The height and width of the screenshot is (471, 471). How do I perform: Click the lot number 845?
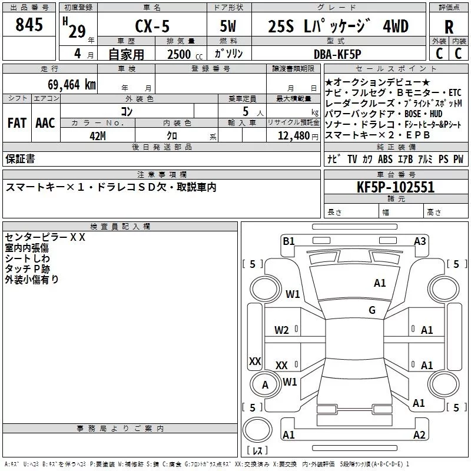pyautogui.click(x=29, y=24)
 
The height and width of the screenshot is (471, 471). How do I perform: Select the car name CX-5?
pyautogui.click(x=152, y=26)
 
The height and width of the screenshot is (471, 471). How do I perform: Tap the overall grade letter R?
pyautogui.click(x=449, y=27)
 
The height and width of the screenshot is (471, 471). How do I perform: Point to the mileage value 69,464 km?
pyautogui.click(x=72, y=85)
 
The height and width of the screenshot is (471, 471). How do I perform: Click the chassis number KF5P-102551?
pyautogui.click(x=396, y=187)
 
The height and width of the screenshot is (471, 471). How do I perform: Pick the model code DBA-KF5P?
pyautogui.click(x=337, y=54)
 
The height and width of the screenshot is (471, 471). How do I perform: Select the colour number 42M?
pyautogui.click(x=98, y=136)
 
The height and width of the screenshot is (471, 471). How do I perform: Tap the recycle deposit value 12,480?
pyautogui.click(x=294, y=136)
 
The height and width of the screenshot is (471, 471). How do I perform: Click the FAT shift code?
pyautogui.click(x=17, y=123)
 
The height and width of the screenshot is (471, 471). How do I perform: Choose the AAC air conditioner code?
pyautogui.click(x=45, y=123)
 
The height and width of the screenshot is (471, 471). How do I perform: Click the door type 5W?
pyautogui.click(x=228, y=26)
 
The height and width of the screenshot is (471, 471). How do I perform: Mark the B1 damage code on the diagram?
pyautogui.click(x=288, y=241)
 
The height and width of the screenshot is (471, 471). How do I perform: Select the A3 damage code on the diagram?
pyautogui.click(x=420, y=241)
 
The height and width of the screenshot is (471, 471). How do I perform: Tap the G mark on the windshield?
pyautogui.click(x=372, y=310)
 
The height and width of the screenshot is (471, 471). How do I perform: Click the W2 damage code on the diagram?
pyautogui.click(x=281, y=330)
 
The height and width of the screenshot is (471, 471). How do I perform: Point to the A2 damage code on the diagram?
pyautogui.click(x=419, y=434)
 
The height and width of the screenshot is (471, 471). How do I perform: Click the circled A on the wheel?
pyautogui.click(x=265, y=385)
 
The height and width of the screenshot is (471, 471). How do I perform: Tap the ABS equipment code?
pyautogui.click(x=385, y=159)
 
